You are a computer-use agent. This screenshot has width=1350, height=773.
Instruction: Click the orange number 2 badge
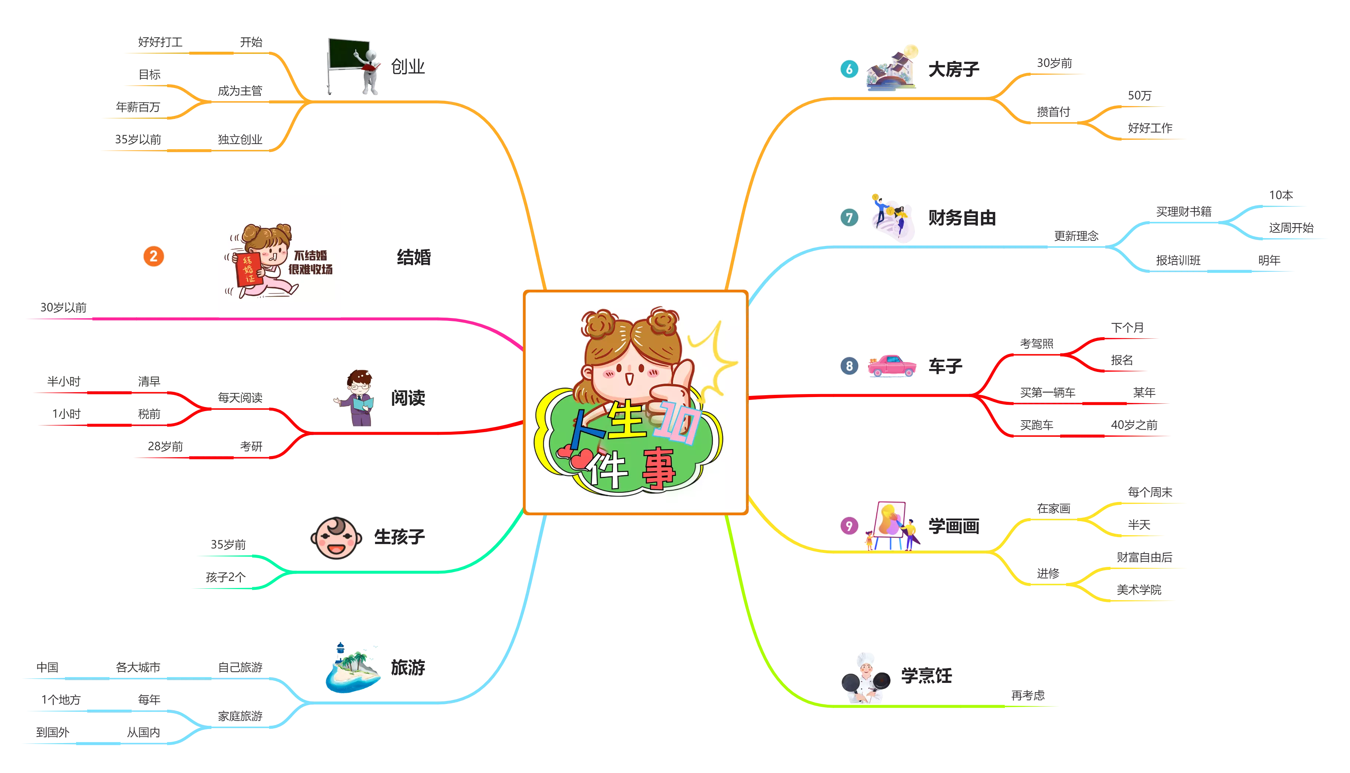[153, 256]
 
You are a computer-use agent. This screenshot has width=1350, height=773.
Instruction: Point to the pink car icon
[892, 366]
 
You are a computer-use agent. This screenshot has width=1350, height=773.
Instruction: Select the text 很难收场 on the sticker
[310, 270]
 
